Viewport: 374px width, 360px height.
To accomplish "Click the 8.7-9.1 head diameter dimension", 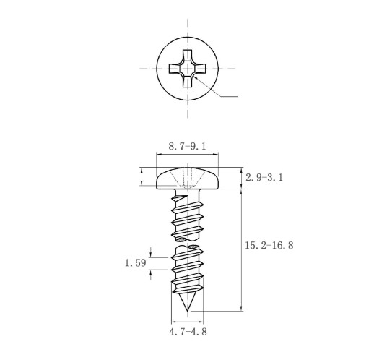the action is coord(187,146).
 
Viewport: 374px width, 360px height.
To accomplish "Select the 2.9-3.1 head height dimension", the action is coord(264,178).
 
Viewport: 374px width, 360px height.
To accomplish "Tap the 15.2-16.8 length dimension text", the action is coord(269,245).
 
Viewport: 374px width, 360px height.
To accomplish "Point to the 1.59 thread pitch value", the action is coord(136,262).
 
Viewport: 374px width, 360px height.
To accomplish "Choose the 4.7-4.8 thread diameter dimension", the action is coord(188,332).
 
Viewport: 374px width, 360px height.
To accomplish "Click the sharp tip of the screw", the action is coord(187,311).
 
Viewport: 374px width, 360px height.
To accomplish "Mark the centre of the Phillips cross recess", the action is coord(187,69).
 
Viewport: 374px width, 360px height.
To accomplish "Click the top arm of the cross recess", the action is coord(187,56).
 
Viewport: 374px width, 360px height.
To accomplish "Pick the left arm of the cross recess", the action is coord(175,69).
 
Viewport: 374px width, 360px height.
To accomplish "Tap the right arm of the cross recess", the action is coord(200,69).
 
